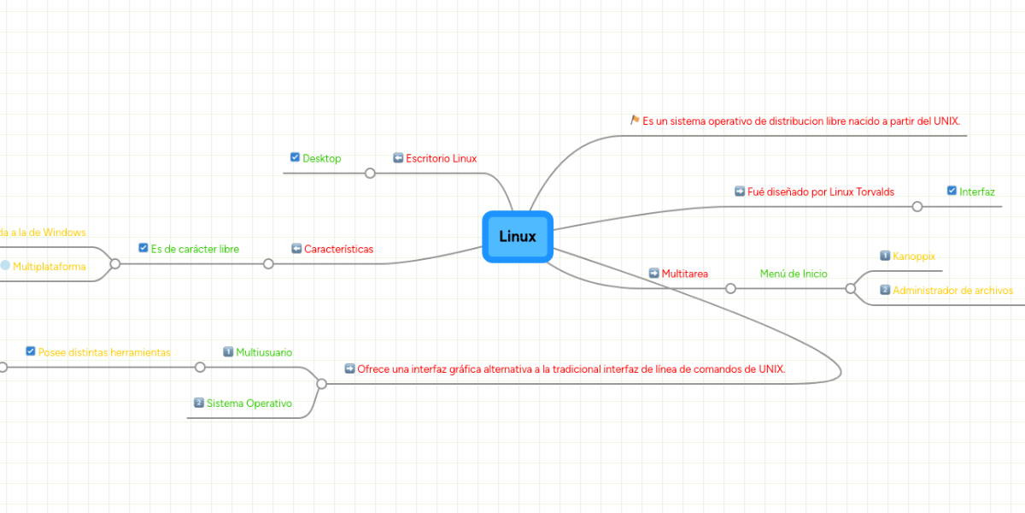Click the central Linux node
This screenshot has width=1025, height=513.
click(518, 237)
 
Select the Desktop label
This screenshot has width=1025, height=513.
click(321, 158)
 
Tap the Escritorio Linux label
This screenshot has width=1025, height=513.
click(441, 158)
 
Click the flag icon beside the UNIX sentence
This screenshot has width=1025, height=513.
click(635, 121)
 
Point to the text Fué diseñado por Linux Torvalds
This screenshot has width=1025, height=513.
click(820, 192)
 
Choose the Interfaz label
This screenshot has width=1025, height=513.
click(976, 192)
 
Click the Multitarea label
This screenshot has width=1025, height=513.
click(684, 274)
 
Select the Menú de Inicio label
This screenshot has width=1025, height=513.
click(794, 274)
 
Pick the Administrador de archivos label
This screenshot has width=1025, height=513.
click(952, 290)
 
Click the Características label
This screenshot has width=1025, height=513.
click(338, 249)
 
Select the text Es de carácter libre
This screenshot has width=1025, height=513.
click(195, 249)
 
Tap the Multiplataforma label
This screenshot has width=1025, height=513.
click(49, 266)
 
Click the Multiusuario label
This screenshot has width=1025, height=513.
click(264, 351)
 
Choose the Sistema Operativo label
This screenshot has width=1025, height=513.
click(249, 403)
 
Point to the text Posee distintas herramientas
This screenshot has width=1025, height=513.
click(104, 351)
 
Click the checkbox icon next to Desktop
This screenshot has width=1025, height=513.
click(295, 157)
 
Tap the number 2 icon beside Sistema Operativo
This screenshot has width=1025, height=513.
click(198, 403)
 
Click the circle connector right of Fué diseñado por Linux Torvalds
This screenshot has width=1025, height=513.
click(917, 206)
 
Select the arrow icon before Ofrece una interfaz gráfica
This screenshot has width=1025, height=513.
click(349, 369)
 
